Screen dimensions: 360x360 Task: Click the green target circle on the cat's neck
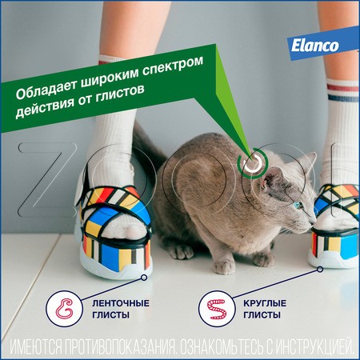253,164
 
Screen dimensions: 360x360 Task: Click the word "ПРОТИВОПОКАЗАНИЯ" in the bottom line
149,346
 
